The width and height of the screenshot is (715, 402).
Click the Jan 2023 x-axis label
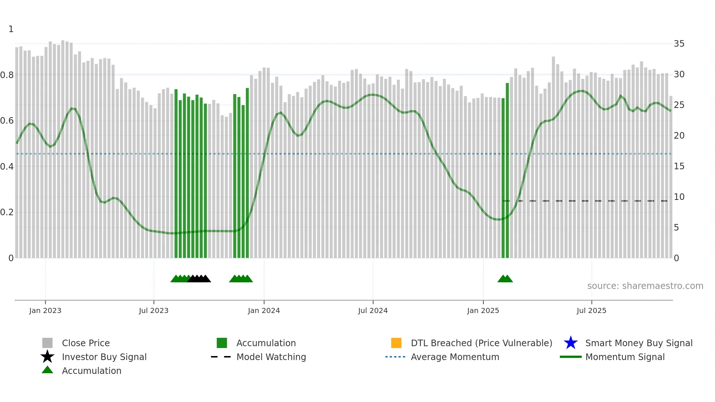pos(45,310)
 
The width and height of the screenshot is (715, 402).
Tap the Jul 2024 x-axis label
pos(373,310)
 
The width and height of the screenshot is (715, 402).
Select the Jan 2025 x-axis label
pos(483,310)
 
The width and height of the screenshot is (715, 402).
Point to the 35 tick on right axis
pos(679,44)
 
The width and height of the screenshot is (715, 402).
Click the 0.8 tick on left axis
pos(7,75)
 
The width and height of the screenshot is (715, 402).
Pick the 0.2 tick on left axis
pos(7,212)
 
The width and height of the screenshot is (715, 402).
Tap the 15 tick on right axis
pos(679,166)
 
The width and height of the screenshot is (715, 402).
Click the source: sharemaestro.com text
pos(645,286)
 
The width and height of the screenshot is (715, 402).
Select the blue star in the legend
pos(571,343)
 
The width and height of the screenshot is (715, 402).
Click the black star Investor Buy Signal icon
pos(47,357)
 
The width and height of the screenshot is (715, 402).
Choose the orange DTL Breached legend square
pos(396,343)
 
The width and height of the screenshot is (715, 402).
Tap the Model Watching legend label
pos(271,357)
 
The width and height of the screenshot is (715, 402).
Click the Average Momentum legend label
pos(455,357)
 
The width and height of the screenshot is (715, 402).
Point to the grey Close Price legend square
pos(47,343)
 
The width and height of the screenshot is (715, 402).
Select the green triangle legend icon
pos(47,370)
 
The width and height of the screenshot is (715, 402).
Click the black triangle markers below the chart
pos(199,279)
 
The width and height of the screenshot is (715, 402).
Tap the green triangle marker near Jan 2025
pos(505,279)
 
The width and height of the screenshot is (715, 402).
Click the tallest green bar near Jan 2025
pos(507,171)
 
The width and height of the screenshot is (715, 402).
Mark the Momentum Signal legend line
pos(571,357)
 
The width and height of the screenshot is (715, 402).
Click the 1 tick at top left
pos(11,29)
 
